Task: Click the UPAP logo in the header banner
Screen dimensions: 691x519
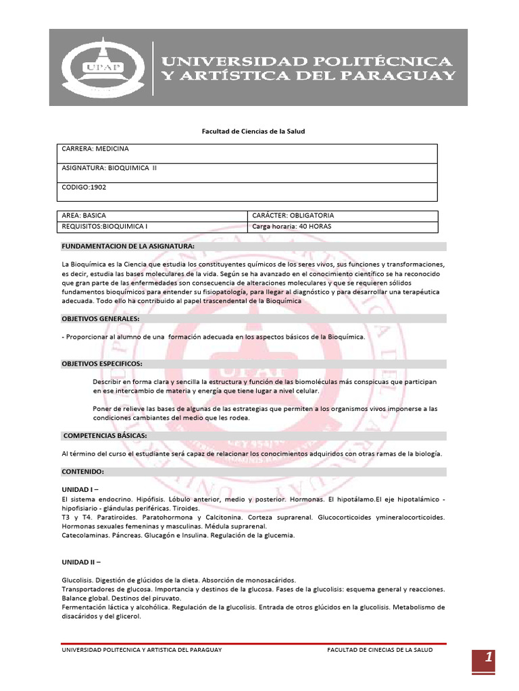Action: coord(102,67)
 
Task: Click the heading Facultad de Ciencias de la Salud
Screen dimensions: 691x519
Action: coord(254,131)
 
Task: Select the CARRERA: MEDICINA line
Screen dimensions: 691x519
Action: coord(95,148)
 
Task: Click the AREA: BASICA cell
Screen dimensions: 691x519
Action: coord(84,215)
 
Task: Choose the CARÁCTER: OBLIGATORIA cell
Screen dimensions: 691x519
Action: coord(293,215)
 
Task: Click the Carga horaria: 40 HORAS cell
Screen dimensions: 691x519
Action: coord(291,227)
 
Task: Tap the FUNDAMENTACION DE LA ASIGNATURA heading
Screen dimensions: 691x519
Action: coord(128,246)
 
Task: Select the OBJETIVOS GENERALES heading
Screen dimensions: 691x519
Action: coord(101,318)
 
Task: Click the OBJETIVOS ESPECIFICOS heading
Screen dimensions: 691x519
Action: coord(102,364)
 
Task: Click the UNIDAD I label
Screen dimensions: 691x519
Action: coord(80,489)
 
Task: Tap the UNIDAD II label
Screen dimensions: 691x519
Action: coord(81,561)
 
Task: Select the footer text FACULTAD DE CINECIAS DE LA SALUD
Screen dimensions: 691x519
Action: coord(380,650)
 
